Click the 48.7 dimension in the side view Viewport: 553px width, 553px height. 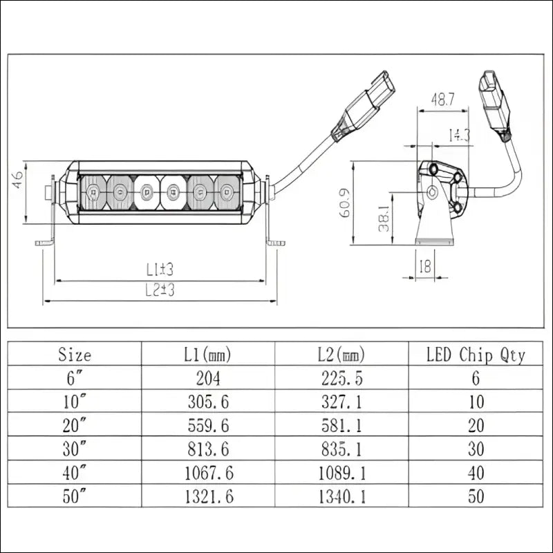[442, 100]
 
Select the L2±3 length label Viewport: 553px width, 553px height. [160, 290]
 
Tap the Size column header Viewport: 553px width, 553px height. [75, 355]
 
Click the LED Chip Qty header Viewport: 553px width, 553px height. [476, 355]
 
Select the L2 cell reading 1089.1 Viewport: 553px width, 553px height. [342, 473]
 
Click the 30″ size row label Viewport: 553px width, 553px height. [75, 449]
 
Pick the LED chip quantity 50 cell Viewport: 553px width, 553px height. [476, 496]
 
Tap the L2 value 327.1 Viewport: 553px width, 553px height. [342, 402]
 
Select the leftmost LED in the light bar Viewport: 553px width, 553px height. [93, 192]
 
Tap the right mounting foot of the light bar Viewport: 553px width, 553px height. [276, 242]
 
